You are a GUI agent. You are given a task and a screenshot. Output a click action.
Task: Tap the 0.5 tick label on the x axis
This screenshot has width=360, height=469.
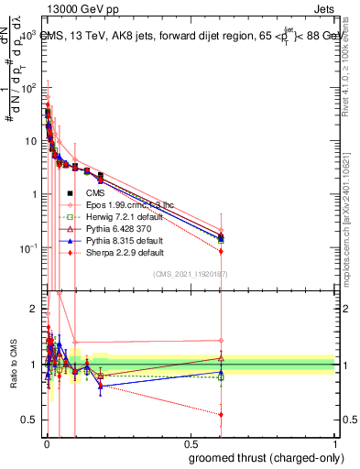click(190, 443)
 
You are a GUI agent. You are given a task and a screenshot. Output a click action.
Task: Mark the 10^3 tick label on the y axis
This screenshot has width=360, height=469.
click(27, 35)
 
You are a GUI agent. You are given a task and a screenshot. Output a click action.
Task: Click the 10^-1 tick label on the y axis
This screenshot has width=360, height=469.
click(27, 248)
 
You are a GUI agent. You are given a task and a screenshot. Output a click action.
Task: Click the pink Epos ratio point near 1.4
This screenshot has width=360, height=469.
click(221, 341)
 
